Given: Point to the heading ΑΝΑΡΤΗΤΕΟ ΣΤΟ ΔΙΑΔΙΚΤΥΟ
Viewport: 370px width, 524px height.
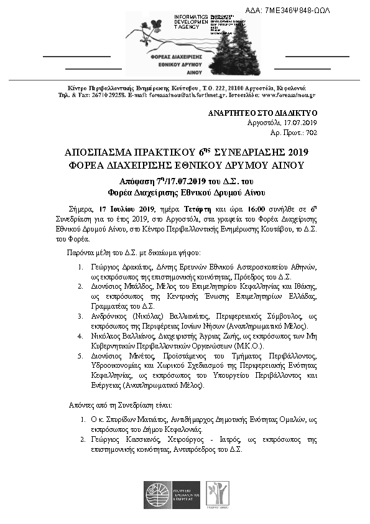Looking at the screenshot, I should coord(262,113).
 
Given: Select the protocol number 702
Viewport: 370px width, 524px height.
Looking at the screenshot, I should coord(312,133).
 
